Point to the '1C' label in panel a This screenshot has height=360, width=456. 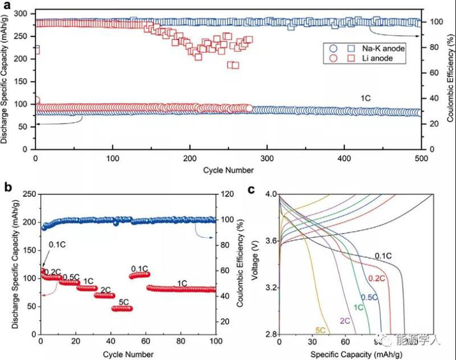point(365,98)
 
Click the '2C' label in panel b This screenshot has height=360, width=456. point(105,289)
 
